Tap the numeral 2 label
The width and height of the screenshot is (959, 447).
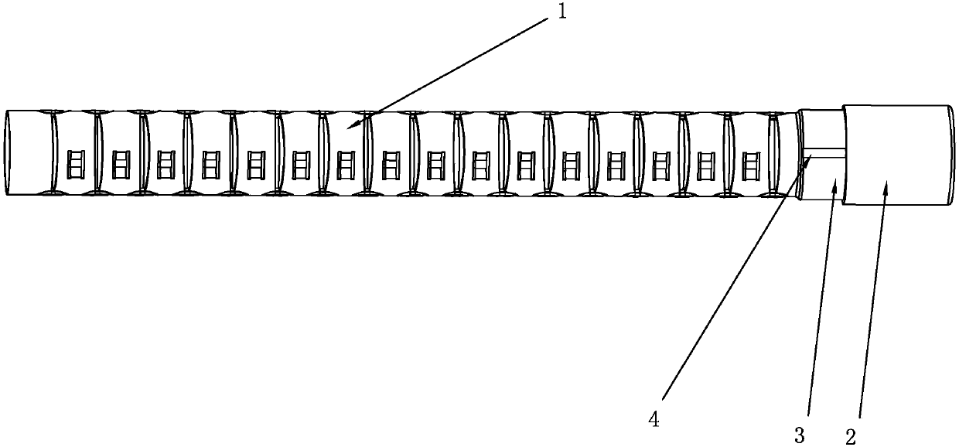pyautogui.click(x=850, y=435)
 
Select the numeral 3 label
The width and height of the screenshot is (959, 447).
pyautogui.click(x=800, y=435)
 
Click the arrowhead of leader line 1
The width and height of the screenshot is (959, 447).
pyautogui.click(x=350, y=126)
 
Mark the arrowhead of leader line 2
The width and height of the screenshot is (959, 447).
pyautogui.click(x=885, y=183)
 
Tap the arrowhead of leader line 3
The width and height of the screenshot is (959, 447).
pyautogui.click(x=834, y=184)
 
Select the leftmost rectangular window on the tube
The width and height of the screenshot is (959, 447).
pyautogui.click(x=75, y=164)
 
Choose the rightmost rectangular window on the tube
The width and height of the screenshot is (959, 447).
pyautogui.click(x=750, y=164)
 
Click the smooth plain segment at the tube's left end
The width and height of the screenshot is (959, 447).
pyautogui.click(x=29, y=152)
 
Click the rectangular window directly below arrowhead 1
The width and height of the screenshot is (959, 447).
pyautogui.click(x=346, y=164)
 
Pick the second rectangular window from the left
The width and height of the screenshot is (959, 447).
pyautogui.click(x=120, y=164)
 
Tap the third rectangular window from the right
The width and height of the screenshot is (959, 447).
pyautogui.click(x=660, y=164)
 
